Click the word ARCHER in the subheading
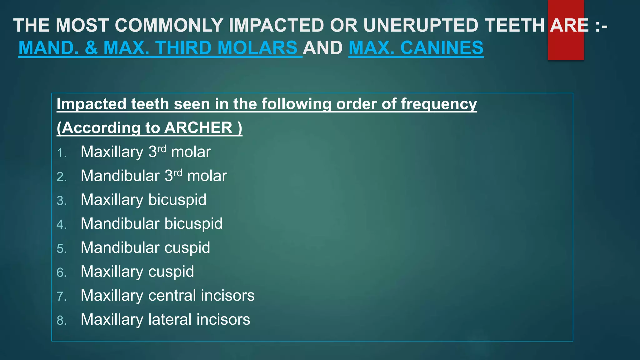198,128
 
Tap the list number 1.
61,153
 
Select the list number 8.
61,321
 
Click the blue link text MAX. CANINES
416,48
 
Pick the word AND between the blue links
323,48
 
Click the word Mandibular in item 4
120,224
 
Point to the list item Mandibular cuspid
145,248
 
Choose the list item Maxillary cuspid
137,272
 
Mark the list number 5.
61,249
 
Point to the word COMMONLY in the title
169,25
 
